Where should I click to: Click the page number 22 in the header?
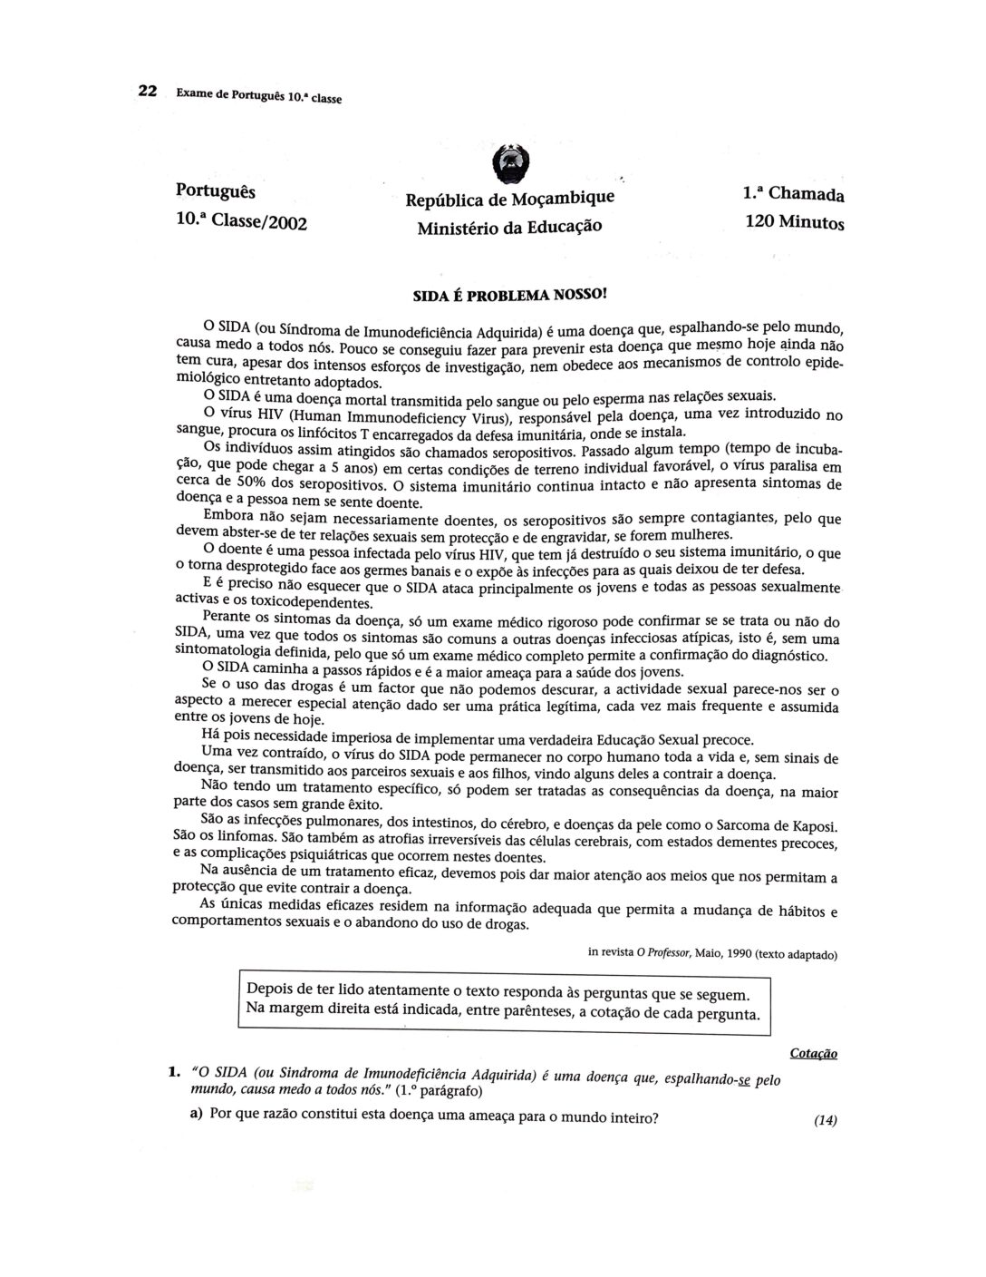click(148, 91)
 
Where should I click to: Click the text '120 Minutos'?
click(794, 221)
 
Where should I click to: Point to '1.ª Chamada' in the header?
click(793, 194)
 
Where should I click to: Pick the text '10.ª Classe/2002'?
click(241, 220)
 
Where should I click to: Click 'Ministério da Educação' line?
click(509, 227)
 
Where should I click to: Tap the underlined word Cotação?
click(813, 1053)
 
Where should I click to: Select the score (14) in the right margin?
click(825, 1120)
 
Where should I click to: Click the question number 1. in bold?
click(177, 1071)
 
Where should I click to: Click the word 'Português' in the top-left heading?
click(216, 192)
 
